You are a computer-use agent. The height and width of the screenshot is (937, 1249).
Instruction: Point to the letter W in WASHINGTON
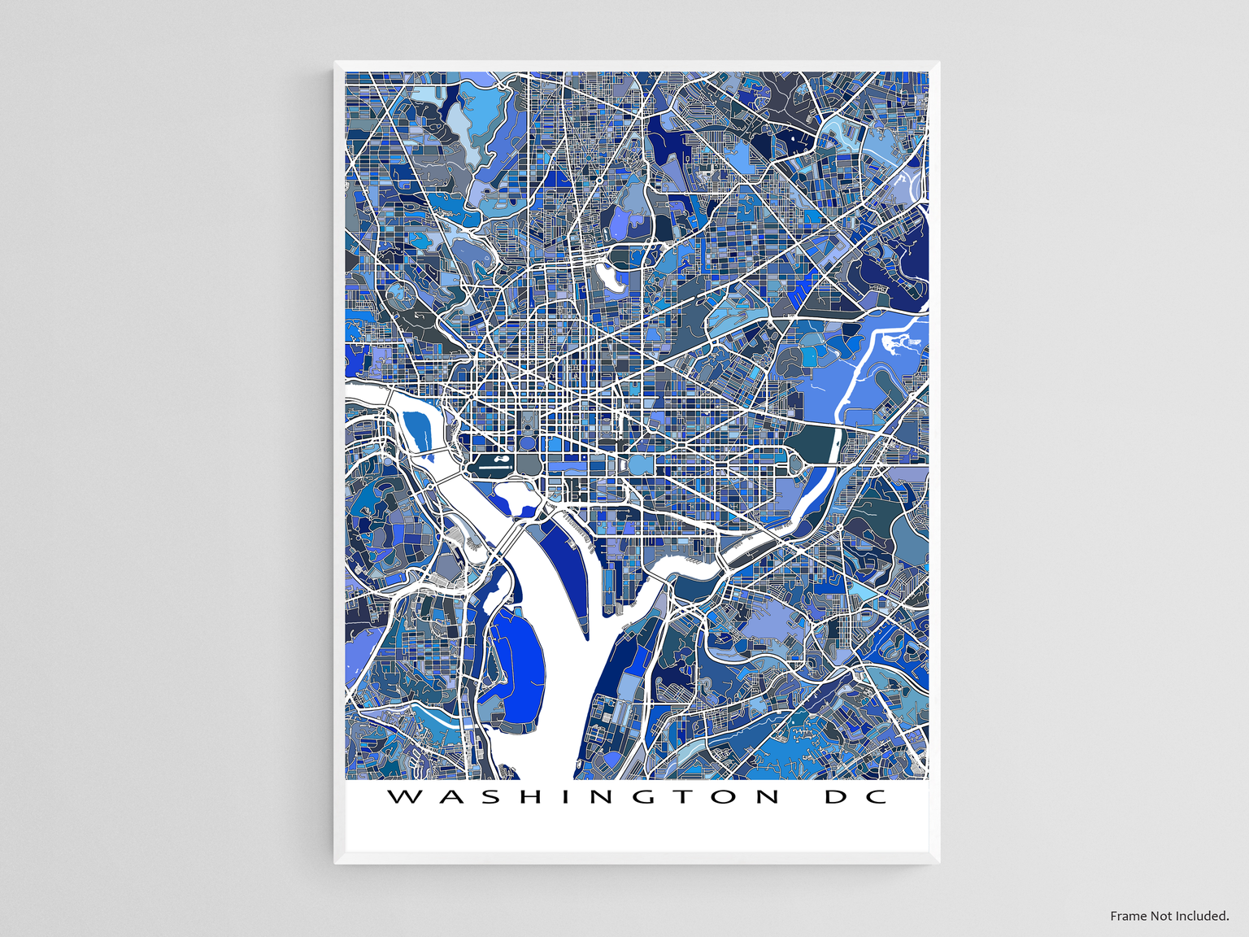pos(404,796)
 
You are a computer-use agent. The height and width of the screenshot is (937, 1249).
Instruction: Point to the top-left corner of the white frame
pos(335,63)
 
